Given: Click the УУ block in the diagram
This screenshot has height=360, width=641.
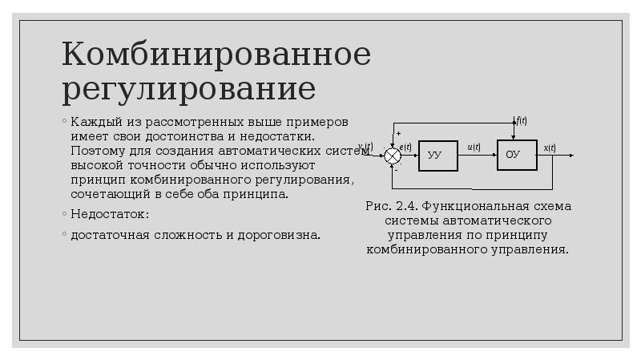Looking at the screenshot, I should point(437,155).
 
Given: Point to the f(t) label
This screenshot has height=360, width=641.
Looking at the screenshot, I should point(522,121).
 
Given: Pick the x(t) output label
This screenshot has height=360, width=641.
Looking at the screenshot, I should point(549,147).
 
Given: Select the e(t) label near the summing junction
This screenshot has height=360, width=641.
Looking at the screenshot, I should point(405,147).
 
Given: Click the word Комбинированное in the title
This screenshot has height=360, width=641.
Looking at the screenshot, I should point(216,55).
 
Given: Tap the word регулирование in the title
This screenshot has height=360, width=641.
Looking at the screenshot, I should point(188,88).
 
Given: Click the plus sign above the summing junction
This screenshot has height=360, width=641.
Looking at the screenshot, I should point(398,133).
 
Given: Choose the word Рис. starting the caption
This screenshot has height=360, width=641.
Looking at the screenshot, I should point(377,206).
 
